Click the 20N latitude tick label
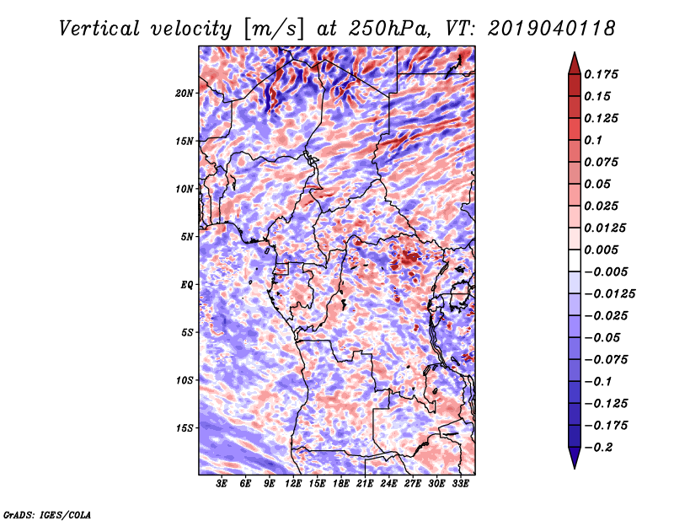(185, 93)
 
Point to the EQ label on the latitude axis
(187, 284)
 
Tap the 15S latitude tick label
(185, 427)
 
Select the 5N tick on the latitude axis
(187, 236)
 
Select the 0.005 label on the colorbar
(604, 250)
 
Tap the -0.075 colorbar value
(607, 359)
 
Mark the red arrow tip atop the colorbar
(573, 57)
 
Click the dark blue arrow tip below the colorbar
(573, 464)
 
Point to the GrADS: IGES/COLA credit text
(47, 513)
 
